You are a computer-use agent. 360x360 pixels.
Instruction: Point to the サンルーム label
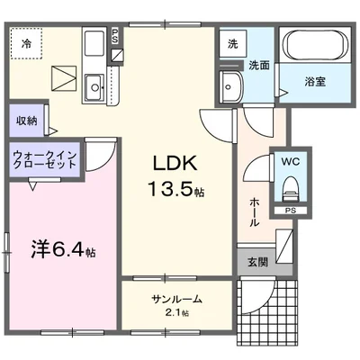coord(176,300)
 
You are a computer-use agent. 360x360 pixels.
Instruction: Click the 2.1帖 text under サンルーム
coord(176,312)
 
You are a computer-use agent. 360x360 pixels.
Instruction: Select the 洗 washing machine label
coord(232,44)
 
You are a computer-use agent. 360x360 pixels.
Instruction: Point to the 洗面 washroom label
coord(259,65)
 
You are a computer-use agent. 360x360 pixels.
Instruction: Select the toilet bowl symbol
coord(290,187)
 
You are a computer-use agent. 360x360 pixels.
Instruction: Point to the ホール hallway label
coord(254,211)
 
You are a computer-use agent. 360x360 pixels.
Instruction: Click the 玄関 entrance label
coord(256,263)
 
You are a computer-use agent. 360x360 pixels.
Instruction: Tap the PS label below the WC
coord(290,211)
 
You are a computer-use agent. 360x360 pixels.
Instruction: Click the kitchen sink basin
coord(94,87)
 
